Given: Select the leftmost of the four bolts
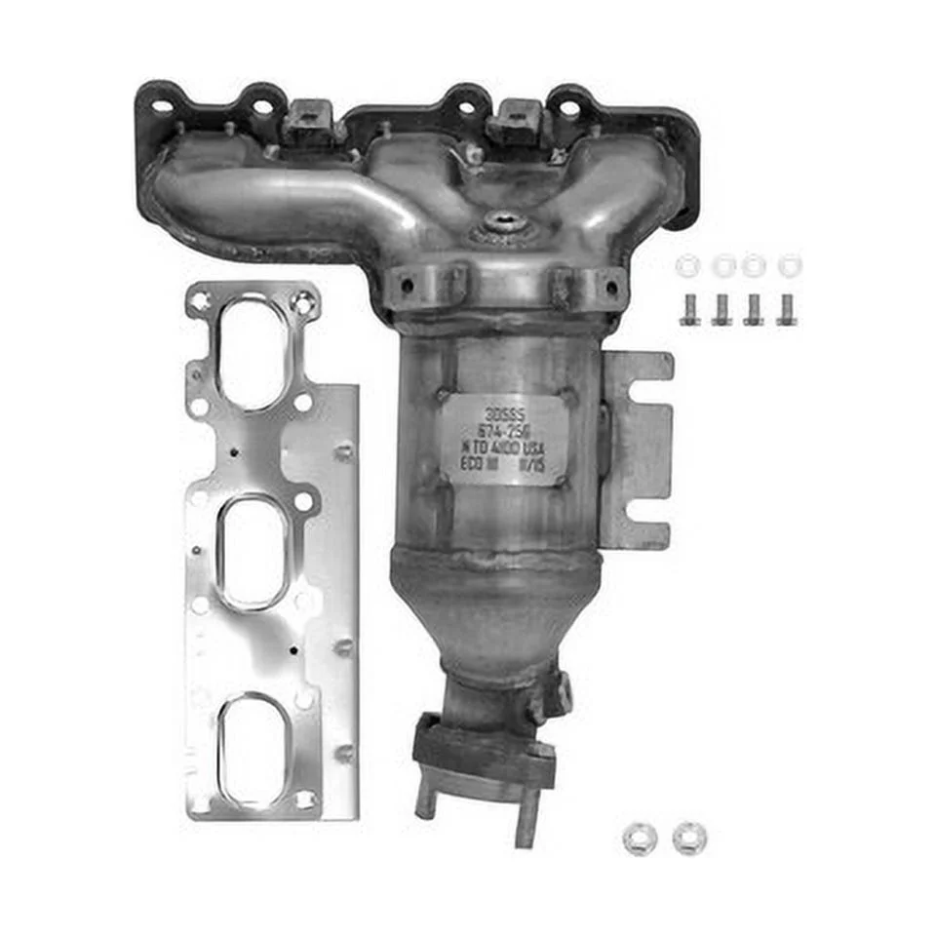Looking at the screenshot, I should click(689, 309).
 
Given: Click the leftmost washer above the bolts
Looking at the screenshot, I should click(687, 264).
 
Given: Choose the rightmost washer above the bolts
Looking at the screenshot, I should click(790, 263).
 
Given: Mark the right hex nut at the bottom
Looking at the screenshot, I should click(689, 836).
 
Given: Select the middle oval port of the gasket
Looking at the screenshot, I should click(251, 551).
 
